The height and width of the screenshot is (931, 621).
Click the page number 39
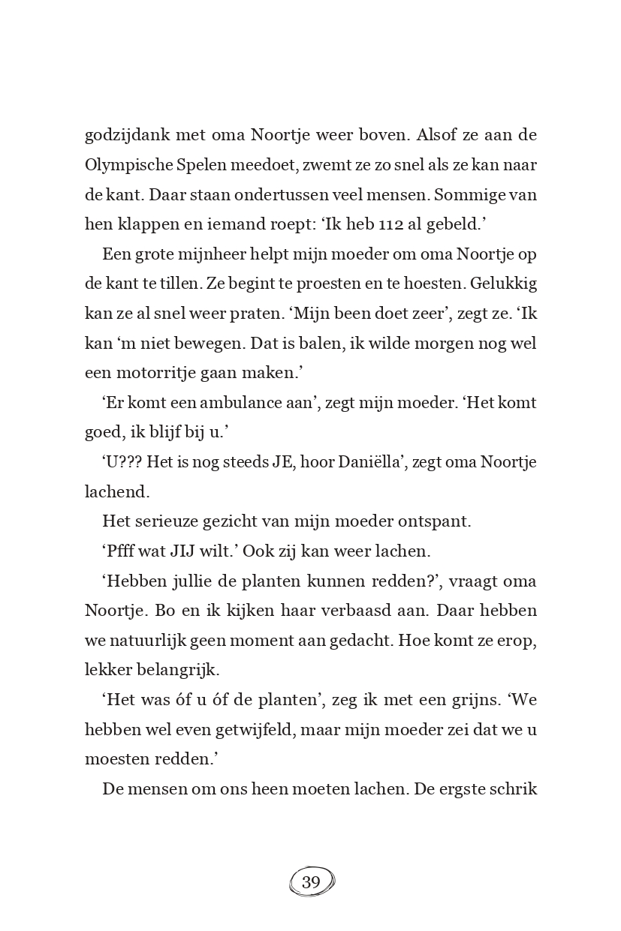pyautogui.click(x=311, y=882)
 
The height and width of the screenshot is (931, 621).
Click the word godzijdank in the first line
pyautogui.click(x=127, y=137)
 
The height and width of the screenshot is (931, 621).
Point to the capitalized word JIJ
pyautogui.click(x=185, y=551)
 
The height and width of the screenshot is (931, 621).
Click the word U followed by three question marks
pyautogui.click(x=123, y=462)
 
